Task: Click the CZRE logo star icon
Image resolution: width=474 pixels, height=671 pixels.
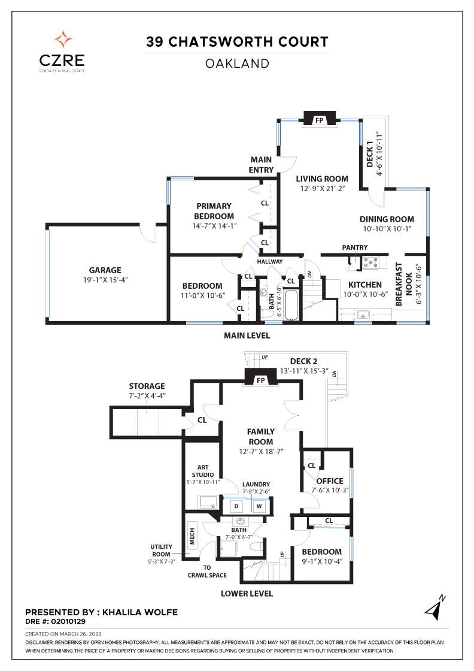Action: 63,40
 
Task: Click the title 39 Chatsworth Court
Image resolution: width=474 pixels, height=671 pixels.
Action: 238,42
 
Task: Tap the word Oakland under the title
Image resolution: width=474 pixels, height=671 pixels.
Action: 237,63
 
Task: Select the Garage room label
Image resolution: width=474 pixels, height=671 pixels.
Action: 105,270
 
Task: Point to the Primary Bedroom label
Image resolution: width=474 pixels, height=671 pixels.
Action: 214,211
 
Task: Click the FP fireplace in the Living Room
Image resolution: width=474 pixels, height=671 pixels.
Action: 319,120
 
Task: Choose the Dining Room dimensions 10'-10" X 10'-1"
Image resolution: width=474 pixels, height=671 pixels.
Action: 387,229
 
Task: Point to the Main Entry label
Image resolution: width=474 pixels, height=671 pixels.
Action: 261,165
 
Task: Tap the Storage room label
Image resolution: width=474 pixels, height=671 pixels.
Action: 147,386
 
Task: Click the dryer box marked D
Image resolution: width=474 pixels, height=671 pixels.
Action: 236,506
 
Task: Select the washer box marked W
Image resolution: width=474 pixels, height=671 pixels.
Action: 259,506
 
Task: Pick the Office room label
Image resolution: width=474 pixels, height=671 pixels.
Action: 330,480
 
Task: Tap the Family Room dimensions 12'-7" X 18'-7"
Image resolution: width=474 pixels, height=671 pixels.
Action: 261,451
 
